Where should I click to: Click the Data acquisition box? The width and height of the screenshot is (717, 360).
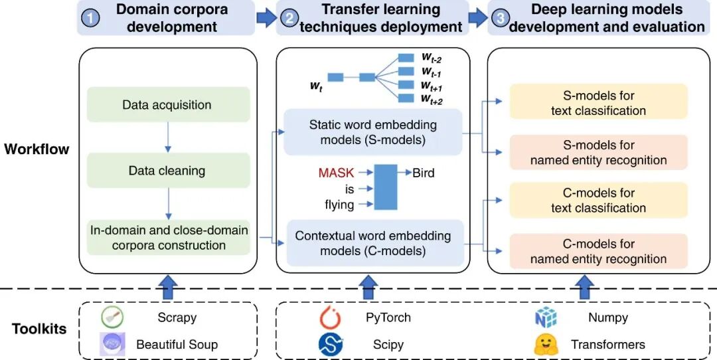167,105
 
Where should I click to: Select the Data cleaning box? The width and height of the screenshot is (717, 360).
167,171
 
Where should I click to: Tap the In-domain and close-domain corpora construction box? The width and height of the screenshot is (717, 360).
169,238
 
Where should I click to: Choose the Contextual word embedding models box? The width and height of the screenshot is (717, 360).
372,243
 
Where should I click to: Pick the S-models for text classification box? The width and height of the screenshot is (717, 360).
598,102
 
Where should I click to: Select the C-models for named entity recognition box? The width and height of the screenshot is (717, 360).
598,252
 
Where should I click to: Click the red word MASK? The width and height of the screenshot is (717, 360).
336,173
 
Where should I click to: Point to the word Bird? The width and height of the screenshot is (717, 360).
424,173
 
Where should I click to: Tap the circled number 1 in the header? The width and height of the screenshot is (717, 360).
90,19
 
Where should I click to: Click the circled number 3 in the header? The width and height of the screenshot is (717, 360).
499,19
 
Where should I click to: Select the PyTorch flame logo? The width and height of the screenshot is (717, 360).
330,317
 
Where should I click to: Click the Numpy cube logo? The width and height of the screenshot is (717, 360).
546,317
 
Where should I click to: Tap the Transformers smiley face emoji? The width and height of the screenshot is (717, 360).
546,344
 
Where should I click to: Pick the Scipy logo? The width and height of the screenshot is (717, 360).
330,344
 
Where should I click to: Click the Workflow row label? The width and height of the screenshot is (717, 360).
37,149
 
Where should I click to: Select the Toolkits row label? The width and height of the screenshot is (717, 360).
39,329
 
